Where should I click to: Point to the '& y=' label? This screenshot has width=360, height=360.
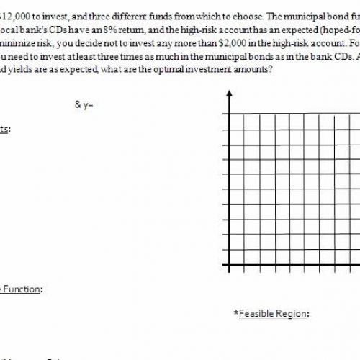click(x=84, y=104)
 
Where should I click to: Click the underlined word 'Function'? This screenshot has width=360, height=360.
click(x=22, y=289)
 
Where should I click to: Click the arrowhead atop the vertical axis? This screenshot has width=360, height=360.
click(x=228, y=95)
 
